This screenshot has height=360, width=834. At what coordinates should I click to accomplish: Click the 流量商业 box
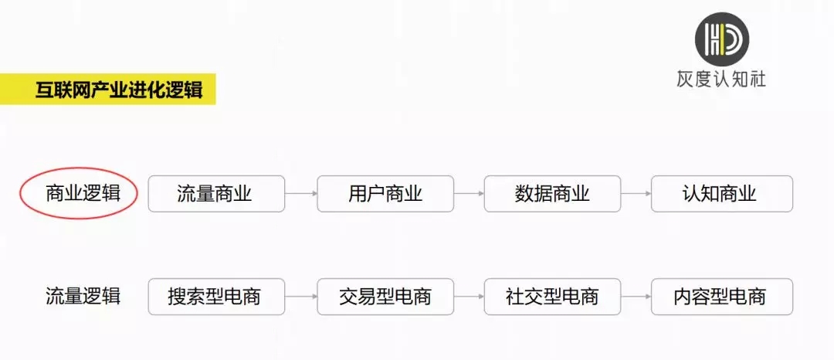tap(216, 194)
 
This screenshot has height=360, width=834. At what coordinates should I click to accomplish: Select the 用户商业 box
tap(385, 194)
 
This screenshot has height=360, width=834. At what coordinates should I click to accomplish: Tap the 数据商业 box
tap(553, 194)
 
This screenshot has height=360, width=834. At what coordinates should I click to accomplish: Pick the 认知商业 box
tap(722, 194)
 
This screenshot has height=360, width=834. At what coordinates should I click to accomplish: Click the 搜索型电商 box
tap(216, 297)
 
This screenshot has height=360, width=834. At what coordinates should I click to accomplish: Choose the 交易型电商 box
tap(385, 297)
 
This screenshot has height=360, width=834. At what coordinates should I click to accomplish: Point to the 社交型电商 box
tap(553, 297)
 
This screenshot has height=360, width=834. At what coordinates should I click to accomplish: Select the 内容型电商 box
tap(722, 297)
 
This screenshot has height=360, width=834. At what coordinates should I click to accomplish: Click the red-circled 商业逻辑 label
tap(83, 194)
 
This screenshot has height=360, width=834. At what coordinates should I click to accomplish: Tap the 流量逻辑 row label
tap(83, 296)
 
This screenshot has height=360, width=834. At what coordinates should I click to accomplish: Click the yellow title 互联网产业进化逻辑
tap(119, 90)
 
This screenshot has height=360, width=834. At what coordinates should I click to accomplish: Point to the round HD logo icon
tap(722, 39)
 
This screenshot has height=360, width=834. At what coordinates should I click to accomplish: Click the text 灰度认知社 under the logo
tap(721, 80)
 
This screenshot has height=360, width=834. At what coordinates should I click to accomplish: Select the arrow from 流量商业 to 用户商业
tap(301, 194)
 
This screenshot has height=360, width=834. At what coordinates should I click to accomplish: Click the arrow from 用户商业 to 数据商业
tap(470, 194)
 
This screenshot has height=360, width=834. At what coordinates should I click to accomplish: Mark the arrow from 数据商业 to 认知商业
tap(636, 194)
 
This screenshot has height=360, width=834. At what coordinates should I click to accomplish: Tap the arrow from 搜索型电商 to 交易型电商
tap(301, 297)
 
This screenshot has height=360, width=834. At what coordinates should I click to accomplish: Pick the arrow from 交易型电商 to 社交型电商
tap(470, 297)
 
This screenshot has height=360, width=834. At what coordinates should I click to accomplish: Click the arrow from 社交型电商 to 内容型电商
tap(636, 297)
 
